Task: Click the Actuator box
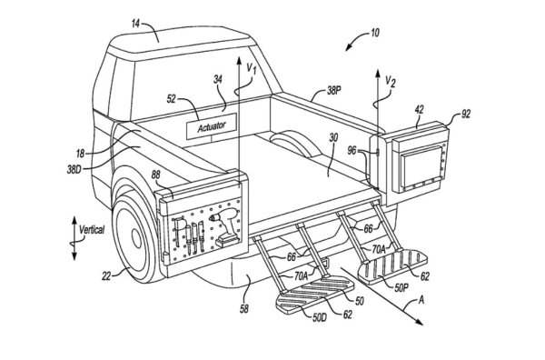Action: [212, 126]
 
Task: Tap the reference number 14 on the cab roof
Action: [135, 24]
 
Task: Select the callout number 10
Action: [374, 33]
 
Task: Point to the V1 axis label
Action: [252, 68]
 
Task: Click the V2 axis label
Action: [391, 82]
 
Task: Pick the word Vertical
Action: [92, 230]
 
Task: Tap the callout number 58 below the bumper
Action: [244, 308]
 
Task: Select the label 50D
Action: [319, 317]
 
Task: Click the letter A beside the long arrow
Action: [421, 300]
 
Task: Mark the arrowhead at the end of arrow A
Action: [420, 323]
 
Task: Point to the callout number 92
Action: [465, 114]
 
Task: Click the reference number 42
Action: [419, 110]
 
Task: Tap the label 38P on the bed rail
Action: [333, 91]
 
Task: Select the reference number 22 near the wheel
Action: [106, 276]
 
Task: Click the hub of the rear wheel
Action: [136, 239]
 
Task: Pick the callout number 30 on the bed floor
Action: [333, 138]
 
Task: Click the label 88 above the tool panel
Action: [155, 175]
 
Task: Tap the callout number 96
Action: [352, 150]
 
